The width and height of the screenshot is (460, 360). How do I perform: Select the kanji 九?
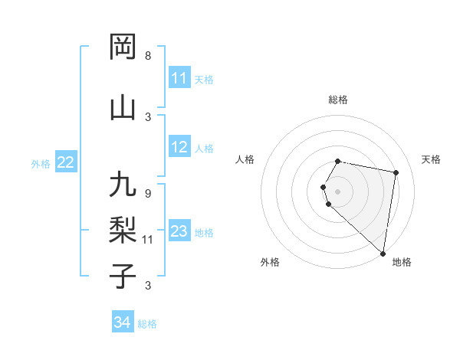click(123, 186)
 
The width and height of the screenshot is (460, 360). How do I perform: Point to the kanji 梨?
click(123, 229)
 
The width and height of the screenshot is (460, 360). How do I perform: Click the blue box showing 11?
click(179, 79)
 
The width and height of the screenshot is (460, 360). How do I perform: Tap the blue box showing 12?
click(179, 148)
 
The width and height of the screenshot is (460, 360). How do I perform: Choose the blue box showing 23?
click(179, 231)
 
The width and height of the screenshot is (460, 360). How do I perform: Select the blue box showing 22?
click(65, 162)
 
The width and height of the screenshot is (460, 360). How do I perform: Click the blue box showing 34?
click(122, 323)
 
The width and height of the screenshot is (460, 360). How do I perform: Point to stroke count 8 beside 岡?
click(148, 56)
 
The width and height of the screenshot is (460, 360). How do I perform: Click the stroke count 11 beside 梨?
click(148, 240)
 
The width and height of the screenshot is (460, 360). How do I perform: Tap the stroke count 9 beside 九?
click(148, 193)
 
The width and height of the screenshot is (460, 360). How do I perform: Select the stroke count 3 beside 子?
click(148, 286)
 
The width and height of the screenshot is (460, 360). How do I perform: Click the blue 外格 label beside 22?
click(40, 163)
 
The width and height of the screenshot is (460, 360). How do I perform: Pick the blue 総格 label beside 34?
click(147, 324)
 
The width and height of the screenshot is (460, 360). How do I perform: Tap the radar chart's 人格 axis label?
click(245, 159)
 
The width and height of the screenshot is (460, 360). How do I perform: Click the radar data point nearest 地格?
click(383, 253)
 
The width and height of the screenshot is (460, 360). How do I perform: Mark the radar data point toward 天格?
click(396, 173)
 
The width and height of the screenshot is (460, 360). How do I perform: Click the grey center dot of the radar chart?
click(338, 191)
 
